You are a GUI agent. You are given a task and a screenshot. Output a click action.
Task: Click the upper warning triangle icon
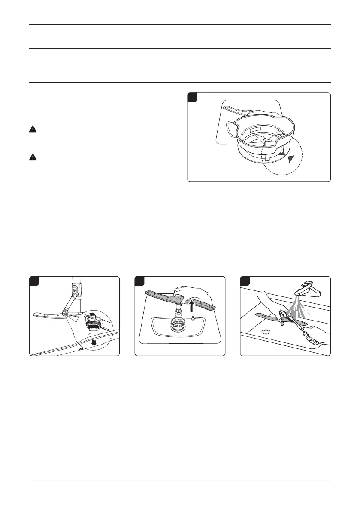[x=33, y=129]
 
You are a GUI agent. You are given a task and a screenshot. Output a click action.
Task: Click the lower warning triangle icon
[x=33, y=157]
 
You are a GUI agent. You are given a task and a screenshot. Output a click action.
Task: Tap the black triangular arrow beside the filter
[x=292, y=159]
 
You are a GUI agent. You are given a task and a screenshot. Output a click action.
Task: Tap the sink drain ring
[x=266, y=332]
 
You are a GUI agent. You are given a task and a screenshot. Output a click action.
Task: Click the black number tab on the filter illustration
[x=192, y=97]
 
